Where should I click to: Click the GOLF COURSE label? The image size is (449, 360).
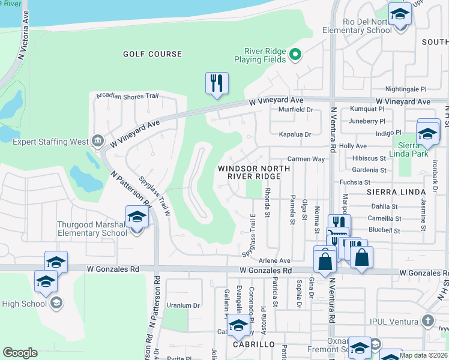tap(152, 54)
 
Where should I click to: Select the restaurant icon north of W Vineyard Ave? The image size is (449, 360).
tap(217, 83)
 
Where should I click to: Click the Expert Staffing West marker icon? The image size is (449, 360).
tap(97, 141)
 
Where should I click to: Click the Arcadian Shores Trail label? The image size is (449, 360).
tap(124, 95)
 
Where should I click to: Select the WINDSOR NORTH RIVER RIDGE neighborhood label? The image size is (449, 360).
tap(249, 173)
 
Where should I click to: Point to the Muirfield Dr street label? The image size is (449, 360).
tap(297, 110)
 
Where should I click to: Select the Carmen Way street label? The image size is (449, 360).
tap(306, 159)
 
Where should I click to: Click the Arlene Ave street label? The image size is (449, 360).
tap(274, 261)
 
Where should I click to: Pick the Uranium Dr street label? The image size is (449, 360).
tap(183, 305)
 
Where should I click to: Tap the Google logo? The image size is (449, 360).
tap(20, 353)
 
